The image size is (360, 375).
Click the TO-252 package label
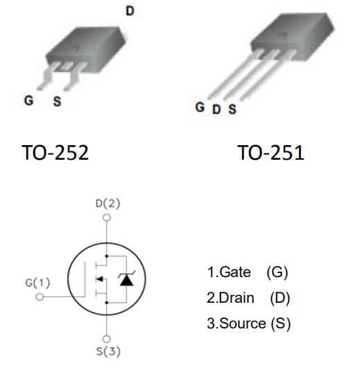click(x=55, y=153)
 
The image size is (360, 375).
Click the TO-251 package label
click(x=271, y=153)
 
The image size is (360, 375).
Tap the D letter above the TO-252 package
click(x=130, y=10)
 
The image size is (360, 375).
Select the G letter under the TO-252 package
click(x=28, y=100)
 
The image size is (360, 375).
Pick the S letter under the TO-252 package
click(x=57, y=101)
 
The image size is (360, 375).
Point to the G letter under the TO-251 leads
click(x=200, y=107)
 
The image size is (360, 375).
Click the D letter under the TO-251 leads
click(x=216, y=110)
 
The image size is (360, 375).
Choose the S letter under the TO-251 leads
click(x=232, y=109)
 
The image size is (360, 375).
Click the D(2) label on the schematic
click(x=108, y=203)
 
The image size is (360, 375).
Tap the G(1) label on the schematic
click(x=37, y=283)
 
